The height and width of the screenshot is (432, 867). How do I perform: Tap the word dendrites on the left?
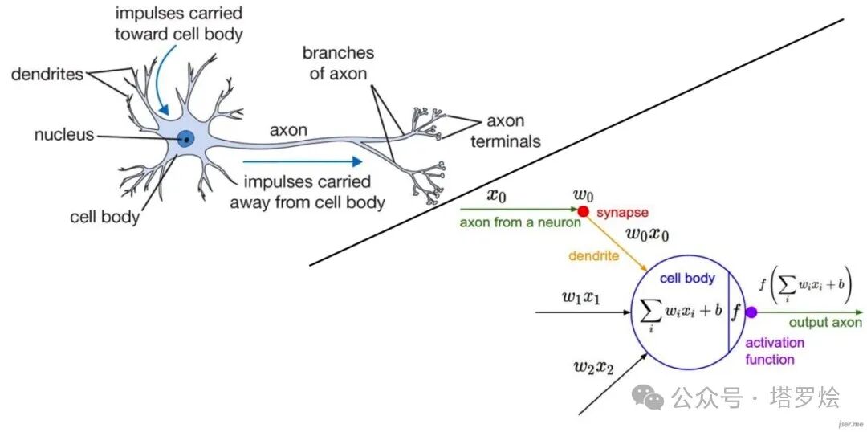(x=47, y=74)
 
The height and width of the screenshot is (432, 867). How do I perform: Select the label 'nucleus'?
(x=64, y=134)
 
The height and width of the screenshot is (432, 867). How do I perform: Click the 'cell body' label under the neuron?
(x=104, y=217)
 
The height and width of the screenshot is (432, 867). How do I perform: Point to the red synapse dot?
(x=583, y=210)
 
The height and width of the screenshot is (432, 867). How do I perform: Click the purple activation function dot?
(x=751, y=312)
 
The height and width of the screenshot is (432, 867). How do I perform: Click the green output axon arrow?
(x=808, y=312)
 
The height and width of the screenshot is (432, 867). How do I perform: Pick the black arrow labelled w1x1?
(x=583, y=312)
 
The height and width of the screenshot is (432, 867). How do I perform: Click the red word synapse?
(x=622, y=213)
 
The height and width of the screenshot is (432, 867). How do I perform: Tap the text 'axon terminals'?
(x=504, y=132)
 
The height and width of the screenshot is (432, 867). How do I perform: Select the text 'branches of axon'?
(x=338, y=63)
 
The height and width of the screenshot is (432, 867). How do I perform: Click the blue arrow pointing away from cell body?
(x=303, y=161)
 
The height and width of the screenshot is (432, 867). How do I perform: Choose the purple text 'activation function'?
(x=775, y=351)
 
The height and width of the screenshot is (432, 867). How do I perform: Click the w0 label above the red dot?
(x=583, y=194)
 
